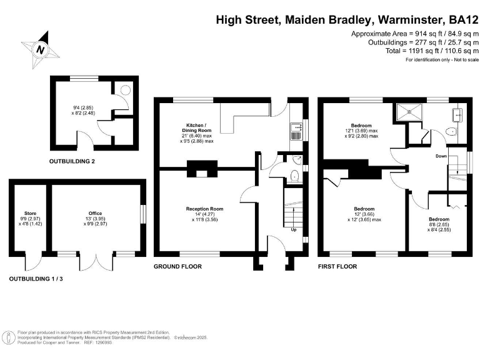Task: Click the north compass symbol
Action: coord(41,48)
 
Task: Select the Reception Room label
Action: coord(204,209)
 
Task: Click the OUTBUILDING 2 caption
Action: coord(76,161)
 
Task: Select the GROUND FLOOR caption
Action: coord(178,266)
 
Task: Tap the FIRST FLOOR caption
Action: coord(337,266)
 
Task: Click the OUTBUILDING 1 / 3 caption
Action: coord(36,278)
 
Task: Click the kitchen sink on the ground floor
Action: coord(296,130)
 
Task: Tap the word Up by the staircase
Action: coord(294,229)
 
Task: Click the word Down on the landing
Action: coord(442,156)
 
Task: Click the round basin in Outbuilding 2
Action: coord(124,90)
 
